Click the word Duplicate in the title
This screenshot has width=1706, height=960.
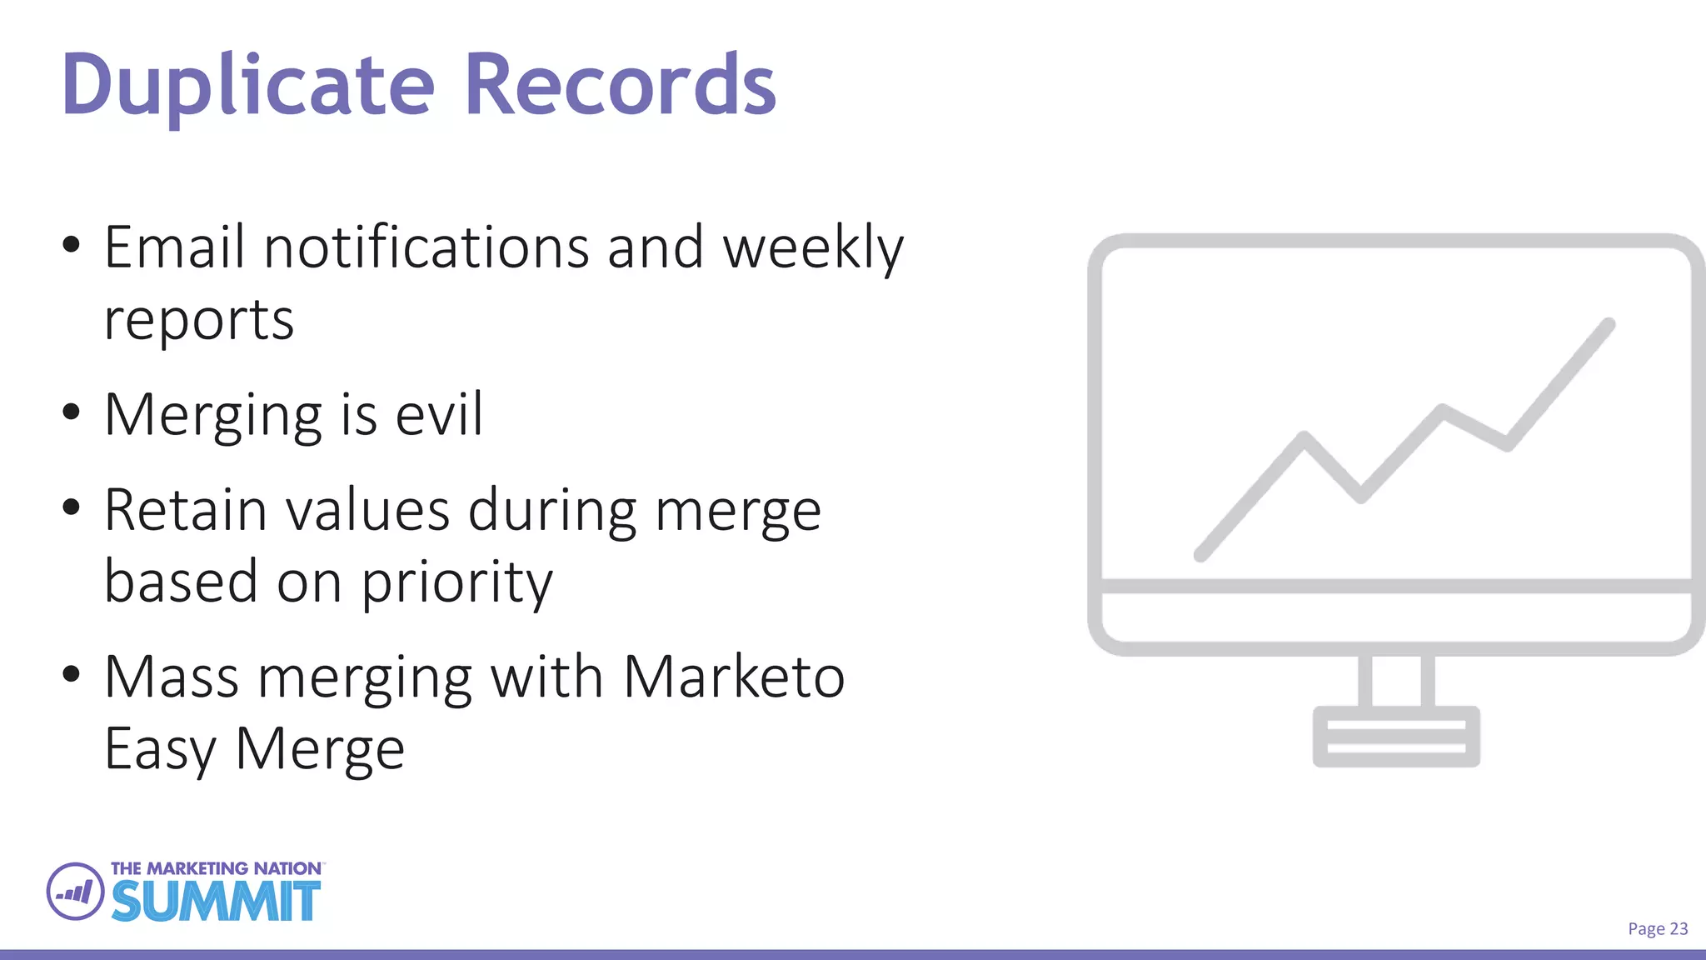click(248, 85)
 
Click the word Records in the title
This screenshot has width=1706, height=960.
click(620, 85)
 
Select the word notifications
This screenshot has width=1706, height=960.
click(426, 247)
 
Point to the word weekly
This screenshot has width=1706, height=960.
click(813, 249)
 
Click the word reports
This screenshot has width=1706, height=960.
click(199, 321)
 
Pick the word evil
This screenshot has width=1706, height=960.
click(439, 414)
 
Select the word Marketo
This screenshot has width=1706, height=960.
click(734, 677)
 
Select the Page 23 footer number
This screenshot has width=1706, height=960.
click(1658, 929)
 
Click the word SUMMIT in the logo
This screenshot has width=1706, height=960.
click(216, 901)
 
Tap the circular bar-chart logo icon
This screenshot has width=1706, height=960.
click(76, 892)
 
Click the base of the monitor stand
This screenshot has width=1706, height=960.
click(1396, 737)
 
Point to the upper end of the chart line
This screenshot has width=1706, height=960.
click(1609, 324)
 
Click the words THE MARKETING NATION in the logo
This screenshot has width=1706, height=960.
click(216, 868)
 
